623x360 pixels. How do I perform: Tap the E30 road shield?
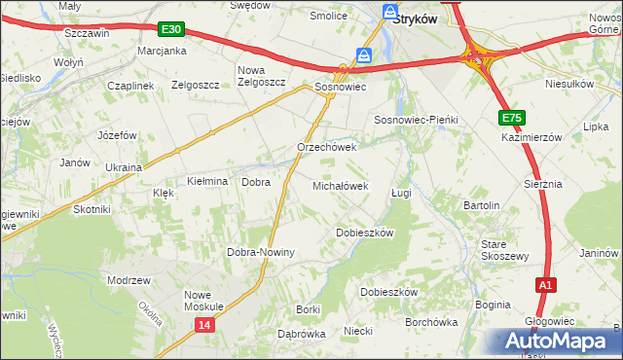pyautogui.click(x=169, y=31)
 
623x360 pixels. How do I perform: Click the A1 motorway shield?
pyautogui.click(x=546, y=285)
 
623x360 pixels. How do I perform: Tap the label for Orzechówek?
pyautogui.click(x=327, y=148)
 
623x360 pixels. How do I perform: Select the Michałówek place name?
pyautogui.click(x=340, y=185)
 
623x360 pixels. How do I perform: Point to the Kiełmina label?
pyautogui.click(x=206, y=182)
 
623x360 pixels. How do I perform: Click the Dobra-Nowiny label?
pyautogui.click(x=261, y=252)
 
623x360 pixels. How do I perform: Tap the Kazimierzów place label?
pyautogui.click(x=532, y=138)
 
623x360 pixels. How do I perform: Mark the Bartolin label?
pyautogui.click(x=482, y=206)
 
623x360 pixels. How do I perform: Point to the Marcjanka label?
pyautogui.click(x=162, y=50)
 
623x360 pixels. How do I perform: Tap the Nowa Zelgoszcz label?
pyautogui.click(x=262, y=76)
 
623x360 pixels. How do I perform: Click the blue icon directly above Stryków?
pyautogui.click(x=390, y=13)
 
